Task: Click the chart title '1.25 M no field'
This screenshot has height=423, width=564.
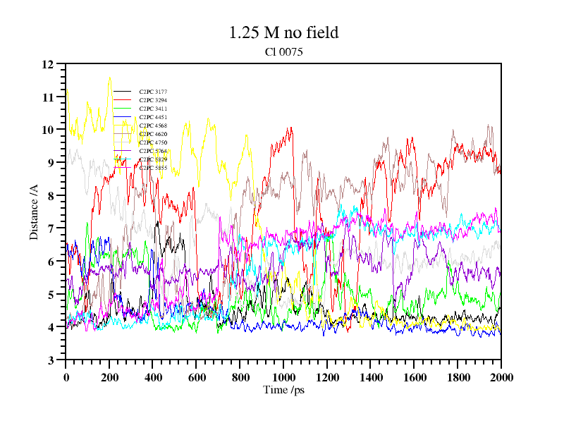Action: pyautogui.click(x=284, y=32)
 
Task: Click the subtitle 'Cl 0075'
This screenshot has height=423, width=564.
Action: pyautogui.click(x=284, y=51)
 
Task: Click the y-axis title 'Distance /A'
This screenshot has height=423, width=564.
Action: pyautogui.click(x=34, y=212)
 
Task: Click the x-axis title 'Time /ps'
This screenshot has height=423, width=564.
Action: pyautogui.click(x=284, y=389)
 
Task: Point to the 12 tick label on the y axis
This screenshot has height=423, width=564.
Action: pyautogui.click(x=48, y=64)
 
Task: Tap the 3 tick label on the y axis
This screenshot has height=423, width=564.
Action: pyautogui.click(x=51, y=360)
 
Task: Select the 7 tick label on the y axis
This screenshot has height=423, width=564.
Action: pyautogui.click(x=51, y=228)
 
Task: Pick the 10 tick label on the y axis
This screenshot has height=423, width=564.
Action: pyautogui.click(x=48, y=130)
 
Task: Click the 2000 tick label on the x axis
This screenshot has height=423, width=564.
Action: pyautogui.click(x=501, y=377)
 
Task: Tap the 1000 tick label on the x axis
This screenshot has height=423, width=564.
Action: pyautogui.click(x=283, y=377)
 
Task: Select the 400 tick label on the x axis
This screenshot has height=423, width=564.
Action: pyautogui.click(x=153, y=377)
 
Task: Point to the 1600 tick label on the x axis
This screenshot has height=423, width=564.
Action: pyautogui.click(x=414, y=377)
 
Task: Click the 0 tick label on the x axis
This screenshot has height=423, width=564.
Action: pyautogui.click(x=66, y=377)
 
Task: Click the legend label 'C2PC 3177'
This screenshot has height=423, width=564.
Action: pyautogui.click(x=153, y=92)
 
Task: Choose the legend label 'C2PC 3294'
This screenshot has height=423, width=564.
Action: pyautogui.click(x=153, y=100)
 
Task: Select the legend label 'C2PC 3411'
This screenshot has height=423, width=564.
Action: pyautogui.click(x=153, y=109)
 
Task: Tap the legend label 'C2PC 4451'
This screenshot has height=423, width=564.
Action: pyautogui.click(x=153, y=117)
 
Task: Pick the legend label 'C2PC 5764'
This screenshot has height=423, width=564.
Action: pyautogui.click(x=153, y=151)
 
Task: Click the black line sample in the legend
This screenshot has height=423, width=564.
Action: pyautogui.click(x=122, y=92)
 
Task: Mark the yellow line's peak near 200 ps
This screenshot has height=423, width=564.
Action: pyautogui.click(x=110, y=78)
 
